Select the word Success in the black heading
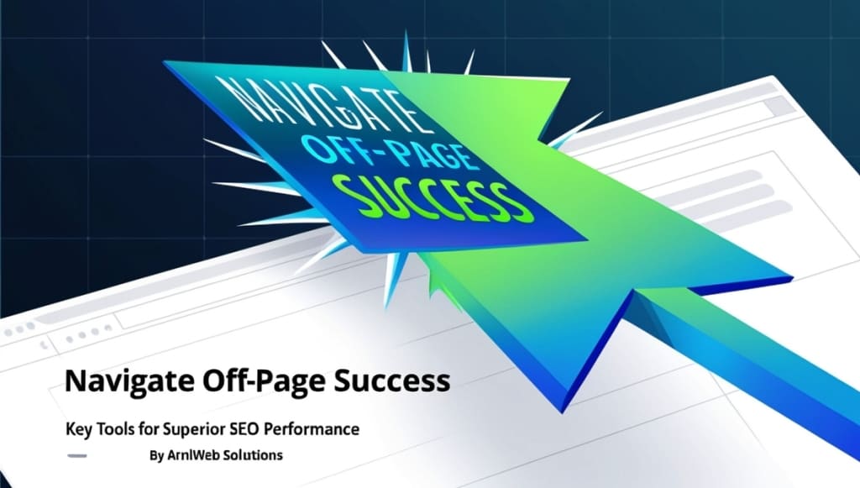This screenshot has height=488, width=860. point(392,382)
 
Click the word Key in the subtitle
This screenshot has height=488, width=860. point(79,429)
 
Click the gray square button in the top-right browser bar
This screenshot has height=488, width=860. point(777,106)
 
